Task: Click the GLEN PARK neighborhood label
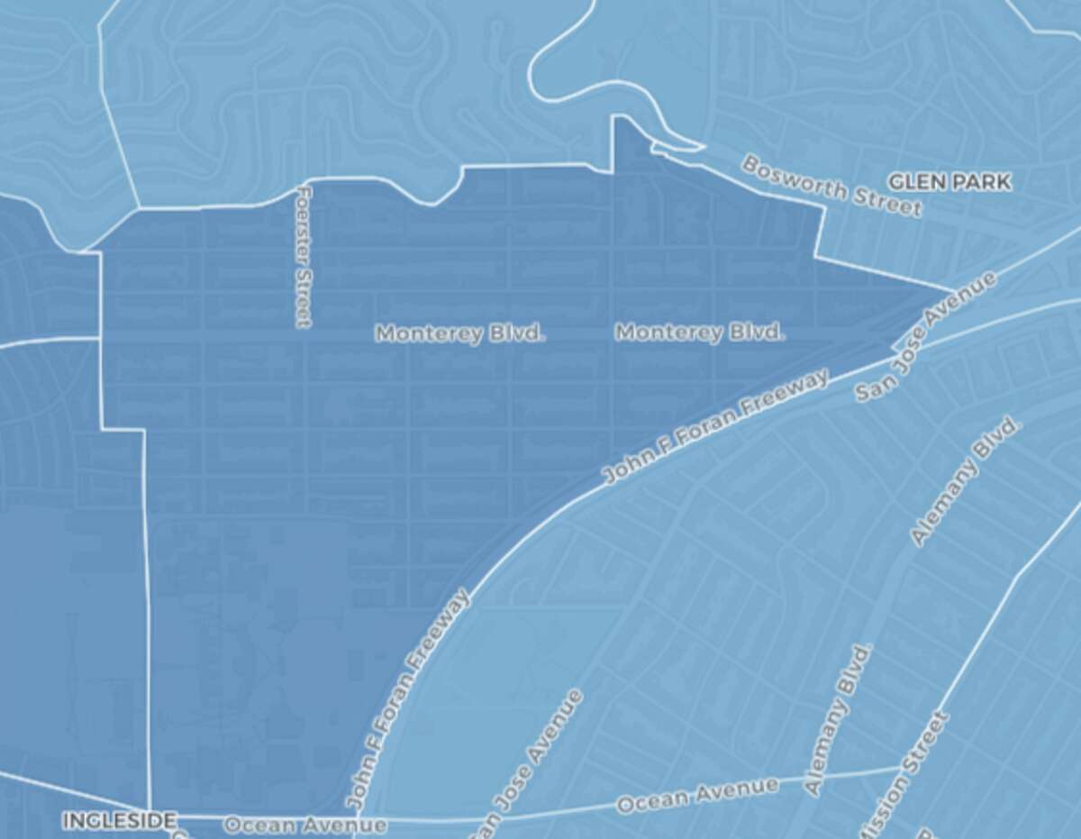(x=949, y=182)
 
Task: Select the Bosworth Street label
(x=831, y=187)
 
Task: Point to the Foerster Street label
(x=304, y=257)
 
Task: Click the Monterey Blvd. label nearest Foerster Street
(x=460, y=333)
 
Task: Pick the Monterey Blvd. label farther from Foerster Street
(x=700, y=333)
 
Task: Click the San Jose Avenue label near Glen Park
(x=926, y=338)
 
